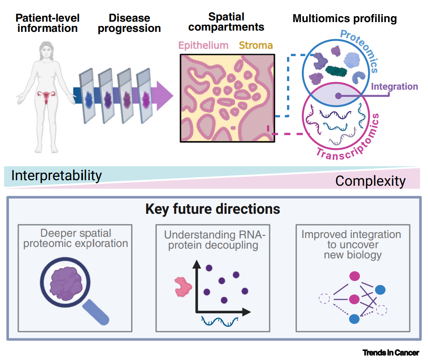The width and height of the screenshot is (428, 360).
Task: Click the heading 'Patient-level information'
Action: (x=48, y=23)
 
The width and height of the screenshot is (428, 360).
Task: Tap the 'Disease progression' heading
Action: (x=129, y=23)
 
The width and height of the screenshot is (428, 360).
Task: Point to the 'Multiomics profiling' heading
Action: (x=344, y=19)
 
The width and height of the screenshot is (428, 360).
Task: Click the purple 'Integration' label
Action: (x=394, y=87)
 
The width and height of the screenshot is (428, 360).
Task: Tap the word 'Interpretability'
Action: (x=56, y=176)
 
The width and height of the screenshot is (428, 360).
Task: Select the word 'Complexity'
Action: (x=370, y=181)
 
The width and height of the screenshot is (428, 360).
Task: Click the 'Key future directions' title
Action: (x=212, y=209)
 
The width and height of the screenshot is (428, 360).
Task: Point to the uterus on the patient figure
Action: (x=44, y=97)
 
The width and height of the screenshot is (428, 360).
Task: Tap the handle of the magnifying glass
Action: (x=97, y=311)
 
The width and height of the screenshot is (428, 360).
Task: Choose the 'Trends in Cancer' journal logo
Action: (x=391, y=352)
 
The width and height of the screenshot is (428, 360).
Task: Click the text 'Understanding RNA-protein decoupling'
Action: (x=213, y=240)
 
